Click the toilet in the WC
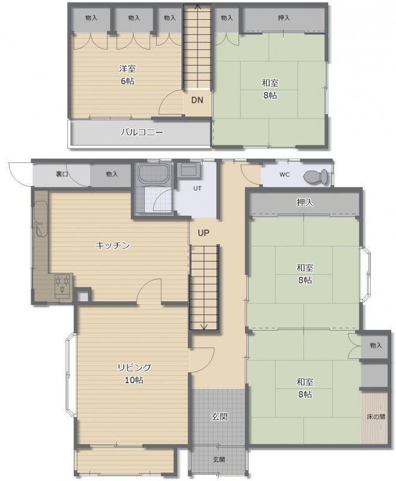(315, 177)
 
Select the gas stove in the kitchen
(62, 286)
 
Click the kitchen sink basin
(40, 218)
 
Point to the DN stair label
(197, 100)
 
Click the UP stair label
(203, 233)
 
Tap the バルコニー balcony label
(142, 132)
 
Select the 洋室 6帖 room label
(127, 75)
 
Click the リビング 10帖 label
(134, 373)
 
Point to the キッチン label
(113, 245)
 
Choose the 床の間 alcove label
(376, 417)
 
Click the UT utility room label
(197, 188)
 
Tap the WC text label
(284, 174)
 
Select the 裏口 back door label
(62, 174)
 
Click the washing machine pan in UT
(188, 170)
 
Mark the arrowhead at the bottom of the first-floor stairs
(204, 326)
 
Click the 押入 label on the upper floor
(284, 18)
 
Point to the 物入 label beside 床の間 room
(376, 345)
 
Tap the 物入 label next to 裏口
(112, 174)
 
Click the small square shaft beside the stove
(83, 296)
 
